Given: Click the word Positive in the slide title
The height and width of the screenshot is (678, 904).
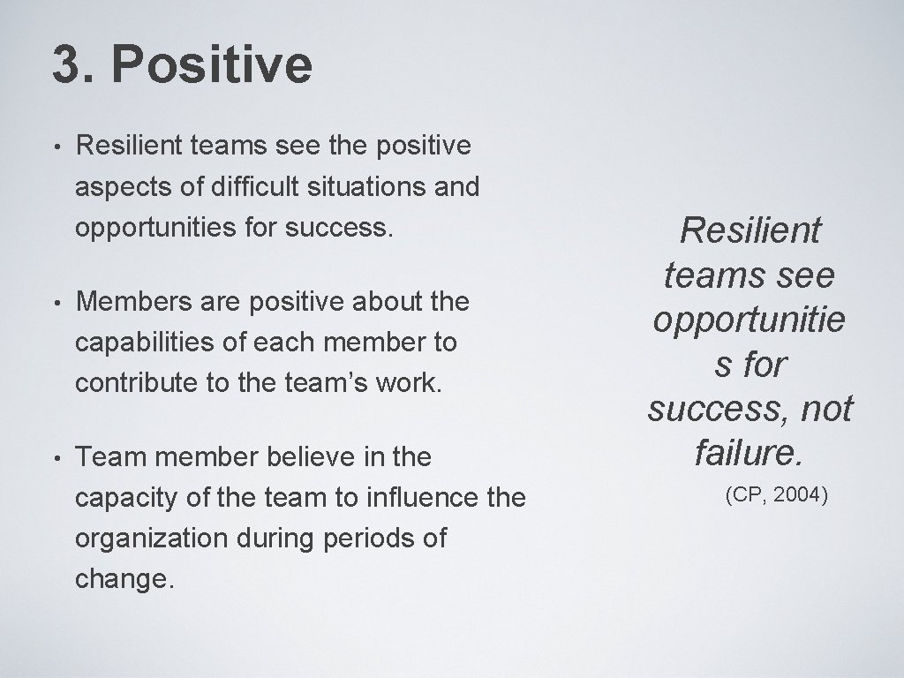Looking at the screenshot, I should click(212, 65).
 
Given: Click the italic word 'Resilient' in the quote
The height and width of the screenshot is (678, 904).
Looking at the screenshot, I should click(750, 231).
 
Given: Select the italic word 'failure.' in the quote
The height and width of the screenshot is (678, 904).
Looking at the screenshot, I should click(749, 453).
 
